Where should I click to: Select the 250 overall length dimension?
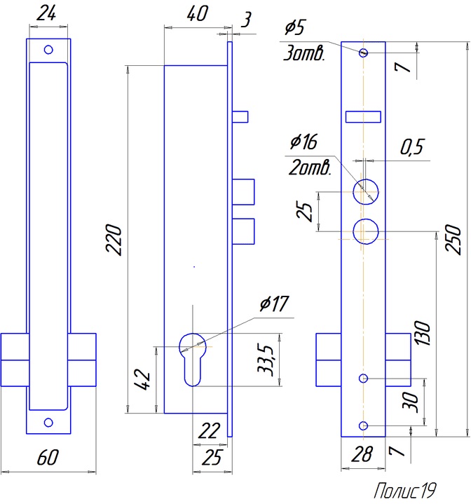click(454, 238)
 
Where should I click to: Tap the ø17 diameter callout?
click(274, 304)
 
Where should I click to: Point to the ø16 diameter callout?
click(303, 142)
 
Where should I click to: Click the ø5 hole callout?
click(294, 29)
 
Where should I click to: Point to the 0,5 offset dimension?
click(411, 147)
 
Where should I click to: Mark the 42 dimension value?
click(143, 379)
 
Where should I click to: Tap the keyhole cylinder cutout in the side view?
click(194, 357)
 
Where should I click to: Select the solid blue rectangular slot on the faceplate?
click(364, 116)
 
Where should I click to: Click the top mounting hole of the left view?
click(48, 50)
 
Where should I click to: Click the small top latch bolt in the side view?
click(240, 116)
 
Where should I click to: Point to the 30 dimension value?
click(411, 402)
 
